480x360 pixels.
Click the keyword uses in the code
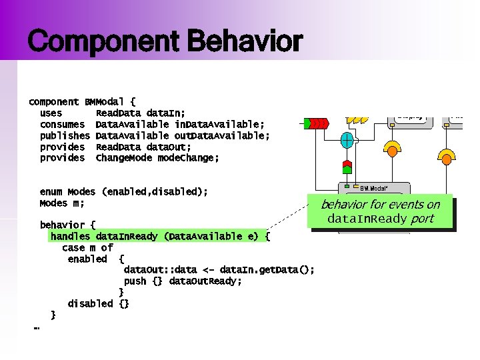(51, 113)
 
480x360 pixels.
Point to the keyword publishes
(65, 136)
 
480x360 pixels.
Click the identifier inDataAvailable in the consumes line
(219, 125)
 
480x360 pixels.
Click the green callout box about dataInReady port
(380, 211)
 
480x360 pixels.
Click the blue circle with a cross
(347, 140)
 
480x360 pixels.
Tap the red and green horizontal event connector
(315, 123)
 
